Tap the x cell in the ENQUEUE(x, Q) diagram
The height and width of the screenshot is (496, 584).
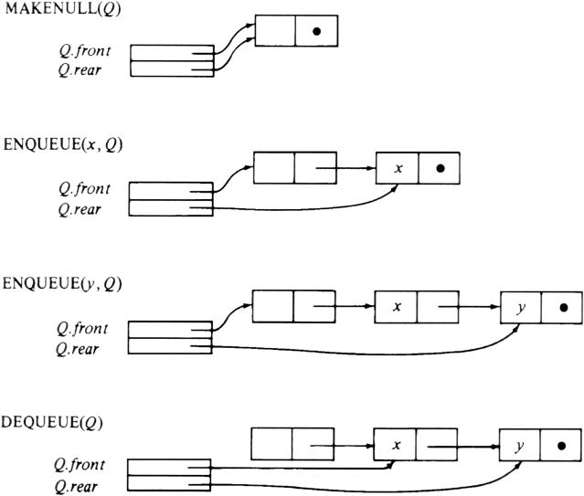[397, 169]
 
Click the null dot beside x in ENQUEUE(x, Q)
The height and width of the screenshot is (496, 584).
[439, 169]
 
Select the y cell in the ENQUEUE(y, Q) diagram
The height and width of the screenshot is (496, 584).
[520, 308]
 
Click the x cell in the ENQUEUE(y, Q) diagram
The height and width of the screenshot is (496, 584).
[396, 308]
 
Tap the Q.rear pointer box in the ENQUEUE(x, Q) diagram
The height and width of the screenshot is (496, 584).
[170, 208]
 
